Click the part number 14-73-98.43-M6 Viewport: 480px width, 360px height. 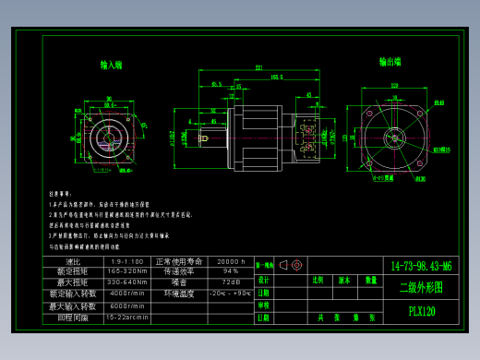(x=421, y=266)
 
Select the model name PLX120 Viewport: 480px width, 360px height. (x=421, y=311)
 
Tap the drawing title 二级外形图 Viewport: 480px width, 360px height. (x=421, y=287)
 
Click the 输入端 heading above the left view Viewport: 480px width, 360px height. (x=112, y=65)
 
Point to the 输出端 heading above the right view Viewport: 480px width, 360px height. (x=390, y=62)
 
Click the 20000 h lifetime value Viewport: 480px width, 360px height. (x=231, y=262)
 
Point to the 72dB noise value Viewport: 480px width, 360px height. (x=231, y=282)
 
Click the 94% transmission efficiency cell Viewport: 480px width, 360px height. (x=231, y=272)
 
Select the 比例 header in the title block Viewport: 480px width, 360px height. (x=318, y=280)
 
